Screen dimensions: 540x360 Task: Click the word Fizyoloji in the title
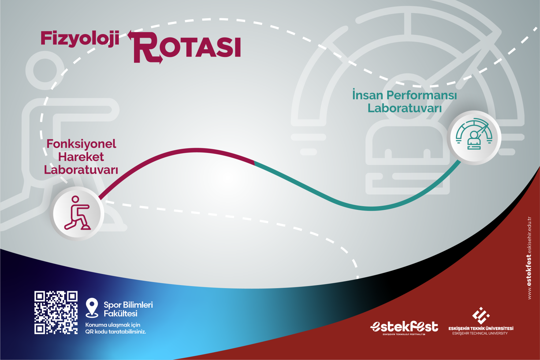(80, 38)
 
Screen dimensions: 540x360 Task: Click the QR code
(56, 312)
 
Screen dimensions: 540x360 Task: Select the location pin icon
(92, 308)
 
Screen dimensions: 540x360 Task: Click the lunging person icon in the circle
(77, 213)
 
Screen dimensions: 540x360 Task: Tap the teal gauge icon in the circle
(474, 134)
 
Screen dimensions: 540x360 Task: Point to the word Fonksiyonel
(81, 144)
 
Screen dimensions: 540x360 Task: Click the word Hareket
(81, 157)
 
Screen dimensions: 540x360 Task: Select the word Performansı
(422, 95)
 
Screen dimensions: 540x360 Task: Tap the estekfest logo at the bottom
(404, 328)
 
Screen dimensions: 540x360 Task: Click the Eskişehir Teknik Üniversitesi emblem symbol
(481, 315)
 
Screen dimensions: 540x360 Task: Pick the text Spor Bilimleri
(128, 305)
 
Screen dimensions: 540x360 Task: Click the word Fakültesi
(120, 313)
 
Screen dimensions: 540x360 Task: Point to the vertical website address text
(530, 258)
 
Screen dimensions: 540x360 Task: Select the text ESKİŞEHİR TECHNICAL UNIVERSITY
(480, 333)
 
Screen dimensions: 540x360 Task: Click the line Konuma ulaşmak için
(113, 325)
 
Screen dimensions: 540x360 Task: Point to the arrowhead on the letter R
(131, 35)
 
